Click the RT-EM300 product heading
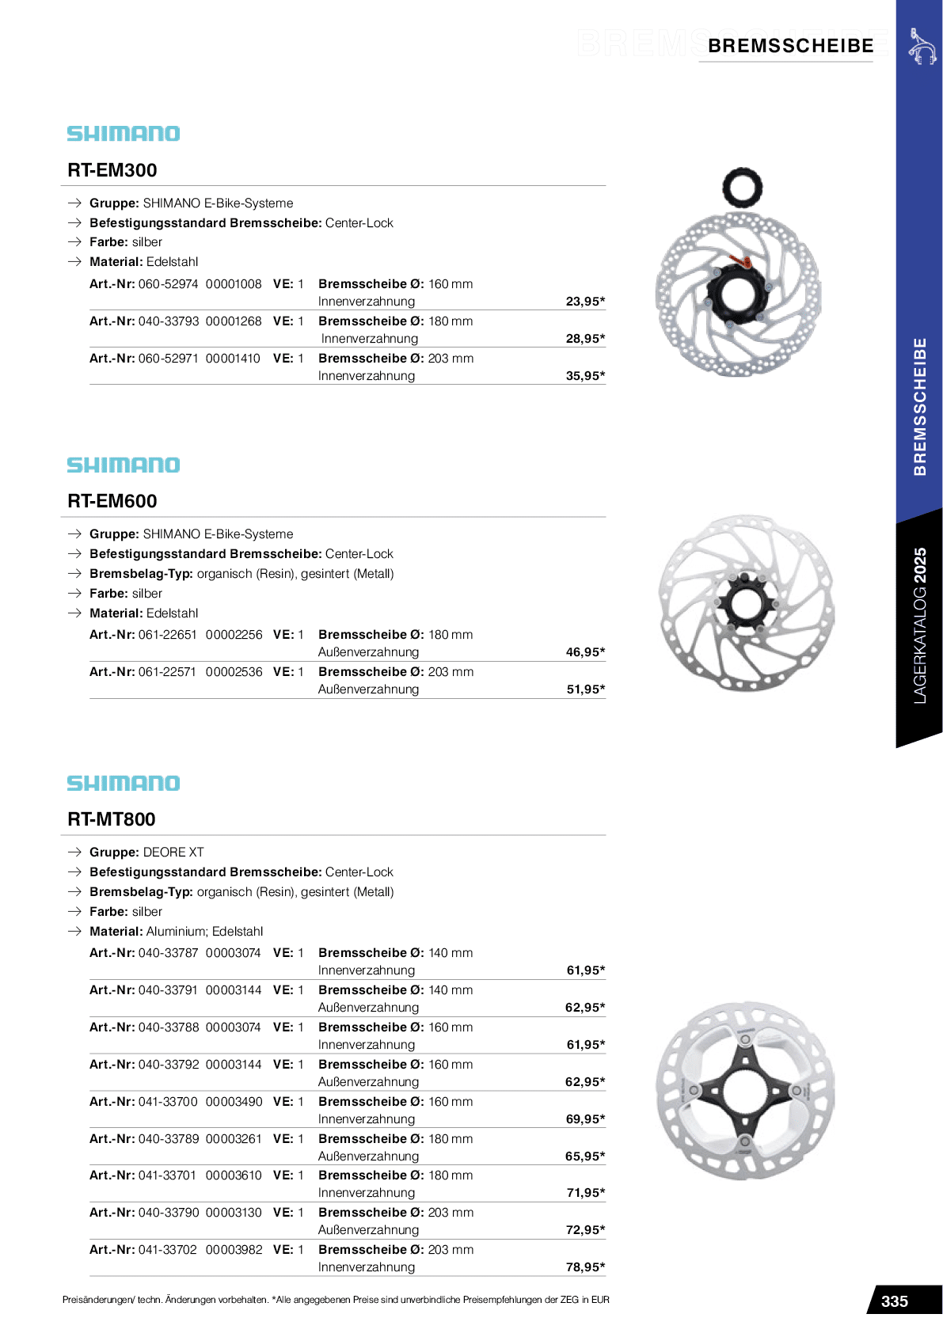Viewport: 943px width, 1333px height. (x=112, y=170)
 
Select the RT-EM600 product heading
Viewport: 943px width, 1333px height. (x=112, y=501)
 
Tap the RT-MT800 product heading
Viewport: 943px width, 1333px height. (x=112, y=819)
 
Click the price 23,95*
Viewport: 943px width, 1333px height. (x=585, y=302)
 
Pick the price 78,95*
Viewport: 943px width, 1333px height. (x=585, y=1267)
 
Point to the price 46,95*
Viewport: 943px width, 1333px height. (x=585, y=652)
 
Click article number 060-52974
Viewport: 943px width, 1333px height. (x=169, y=284)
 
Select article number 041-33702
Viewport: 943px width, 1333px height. (x=168, y=1250)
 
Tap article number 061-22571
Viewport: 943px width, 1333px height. (x=168, y=672)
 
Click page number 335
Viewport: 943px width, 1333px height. (x=895, y=1301)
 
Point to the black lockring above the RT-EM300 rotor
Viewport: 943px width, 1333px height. (x=742, y=188)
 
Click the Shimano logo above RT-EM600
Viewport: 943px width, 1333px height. (x=124, y=465)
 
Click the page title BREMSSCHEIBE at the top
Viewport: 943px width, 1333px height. (x=790, y=46)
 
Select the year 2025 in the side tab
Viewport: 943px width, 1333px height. (x=919, y=566)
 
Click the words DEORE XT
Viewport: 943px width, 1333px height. (x=173, y=853)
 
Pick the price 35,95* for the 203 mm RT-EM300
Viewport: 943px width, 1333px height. (x=585, y=376)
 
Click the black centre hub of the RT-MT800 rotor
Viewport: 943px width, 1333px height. (x=745, y=1091)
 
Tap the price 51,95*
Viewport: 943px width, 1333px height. (x=585, y=689)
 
